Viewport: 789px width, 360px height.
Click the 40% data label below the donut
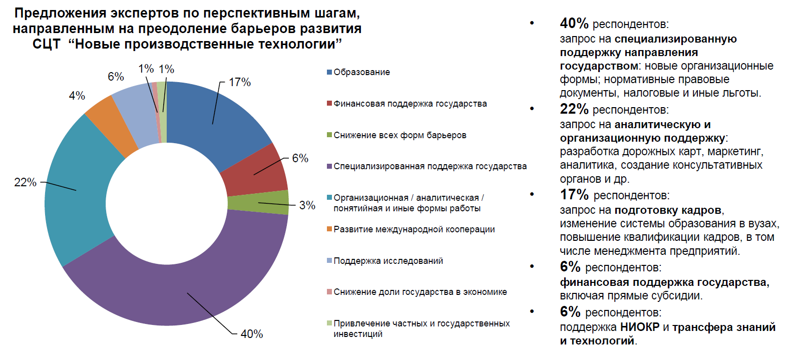point(251,334)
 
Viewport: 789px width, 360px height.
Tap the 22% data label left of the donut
point(25,182)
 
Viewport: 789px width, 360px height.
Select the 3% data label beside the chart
point(307,205)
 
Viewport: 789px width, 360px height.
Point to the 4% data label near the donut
point(77,96)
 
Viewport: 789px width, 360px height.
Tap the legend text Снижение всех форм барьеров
point(400,135)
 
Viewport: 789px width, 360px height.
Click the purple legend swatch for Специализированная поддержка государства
point(329,166)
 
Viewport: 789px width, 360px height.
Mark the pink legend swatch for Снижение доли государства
point(329,292)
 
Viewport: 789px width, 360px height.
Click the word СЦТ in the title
point(46,45)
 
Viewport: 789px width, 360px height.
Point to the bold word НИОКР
point(639,327)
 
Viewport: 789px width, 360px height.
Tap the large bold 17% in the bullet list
point(574,194)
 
